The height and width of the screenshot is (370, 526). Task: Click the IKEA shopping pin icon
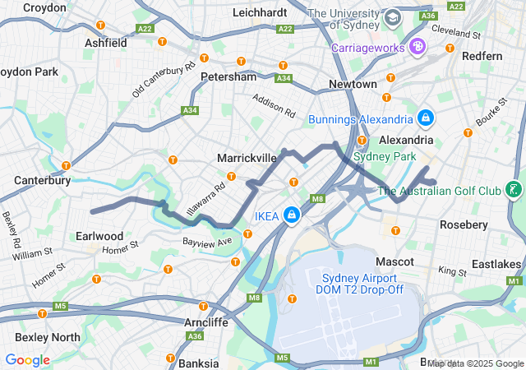click(291, 215)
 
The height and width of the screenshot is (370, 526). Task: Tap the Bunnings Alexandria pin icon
click(425, 119)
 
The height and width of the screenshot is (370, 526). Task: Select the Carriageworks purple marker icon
click(418, 47)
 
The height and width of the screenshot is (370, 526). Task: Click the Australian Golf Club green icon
click(514, 191)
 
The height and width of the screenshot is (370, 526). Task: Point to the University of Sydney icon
click(393, 16)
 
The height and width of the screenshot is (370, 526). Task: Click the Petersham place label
click(228, 76)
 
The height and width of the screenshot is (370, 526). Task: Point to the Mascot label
click(394, 261)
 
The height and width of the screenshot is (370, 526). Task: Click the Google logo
click(27, 360)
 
